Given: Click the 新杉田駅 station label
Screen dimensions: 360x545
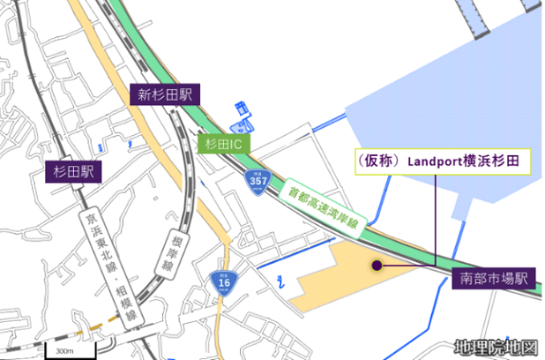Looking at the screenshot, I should click(x=164, y=95).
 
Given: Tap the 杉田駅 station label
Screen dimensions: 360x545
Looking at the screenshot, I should click(x=73, y=171).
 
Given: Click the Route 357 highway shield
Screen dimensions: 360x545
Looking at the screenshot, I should click(x=258, y=182).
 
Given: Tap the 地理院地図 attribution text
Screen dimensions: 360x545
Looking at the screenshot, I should click(x=496, y=347).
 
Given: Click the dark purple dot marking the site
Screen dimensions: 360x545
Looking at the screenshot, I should click(x=377, y=264).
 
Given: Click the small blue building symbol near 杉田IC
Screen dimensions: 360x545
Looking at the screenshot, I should click(x=242, y=112).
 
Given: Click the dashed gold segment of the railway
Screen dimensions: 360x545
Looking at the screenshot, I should click(x=88, y=333).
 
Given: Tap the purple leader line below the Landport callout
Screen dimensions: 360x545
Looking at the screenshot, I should click(x=436, y=221).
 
